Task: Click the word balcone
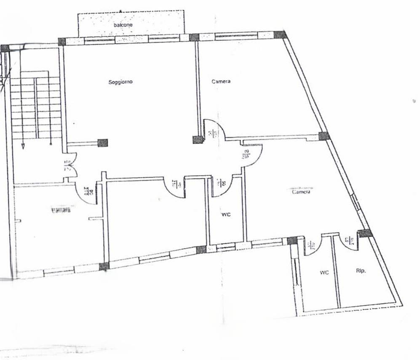coord(123,25)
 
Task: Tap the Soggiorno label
coord(120,82)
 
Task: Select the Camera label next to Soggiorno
coord(221,81)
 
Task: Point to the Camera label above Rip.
coord(301,192)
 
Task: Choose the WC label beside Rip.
coord(324,272)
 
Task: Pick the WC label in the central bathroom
coord(226,214)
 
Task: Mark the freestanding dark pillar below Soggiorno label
coord(102,143)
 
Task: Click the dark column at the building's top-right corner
coord(280,35)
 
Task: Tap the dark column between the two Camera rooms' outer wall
coord(323,136)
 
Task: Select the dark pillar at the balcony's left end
coord(62,41)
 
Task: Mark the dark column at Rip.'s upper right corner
coord(365,233)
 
